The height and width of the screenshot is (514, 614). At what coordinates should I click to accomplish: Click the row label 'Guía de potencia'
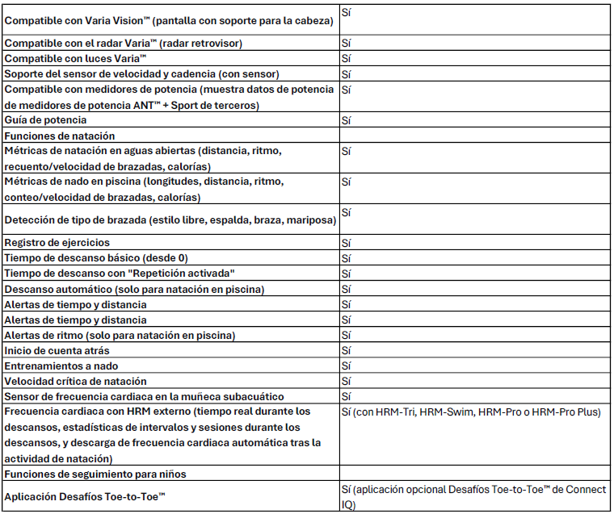click(x=46, y=120)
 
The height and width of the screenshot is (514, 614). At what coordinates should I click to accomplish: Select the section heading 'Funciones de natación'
click(x=60, y=136)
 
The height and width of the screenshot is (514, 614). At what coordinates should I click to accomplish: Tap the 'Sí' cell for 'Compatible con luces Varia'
click(x=346, y=58)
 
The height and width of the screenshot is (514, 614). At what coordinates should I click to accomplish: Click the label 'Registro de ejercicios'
click(x=57, y=243)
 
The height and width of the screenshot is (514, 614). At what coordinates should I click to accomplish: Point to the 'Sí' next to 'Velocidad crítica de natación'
click(x=346, y=381)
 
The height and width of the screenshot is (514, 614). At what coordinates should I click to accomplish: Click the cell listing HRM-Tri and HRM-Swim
click(x=472, y=412)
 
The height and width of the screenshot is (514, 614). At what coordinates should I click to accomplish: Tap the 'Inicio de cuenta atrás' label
click(x=57, y=350)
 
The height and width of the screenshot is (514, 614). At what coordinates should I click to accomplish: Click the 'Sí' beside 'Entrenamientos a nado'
click(x=346, y=366)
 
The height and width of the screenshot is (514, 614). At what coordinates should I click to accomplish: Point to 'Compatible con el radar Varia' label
click(x=124, y=43)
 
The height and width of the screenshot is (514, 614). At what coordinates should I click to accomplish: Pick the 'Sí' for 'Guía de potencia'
click(x=346, y=120)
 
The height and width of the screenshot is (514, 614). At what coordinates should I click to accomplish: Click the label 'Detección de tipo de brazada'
click(x=170, y=219)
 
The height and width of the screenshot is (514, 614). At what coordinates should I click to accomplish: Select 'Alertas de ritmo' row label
click(x=120, y=335)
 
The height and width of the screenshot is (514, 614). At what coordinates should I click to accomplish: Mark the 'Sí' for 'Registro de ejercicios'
click(x=346, y=243)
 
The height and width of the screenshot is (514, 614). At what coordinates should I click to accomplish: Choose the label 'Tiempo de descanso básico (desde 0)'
click(x=95, y=258)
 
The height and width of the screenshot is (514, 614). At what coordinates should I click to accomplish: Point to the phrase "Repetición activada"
click(x=185, y=274)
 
